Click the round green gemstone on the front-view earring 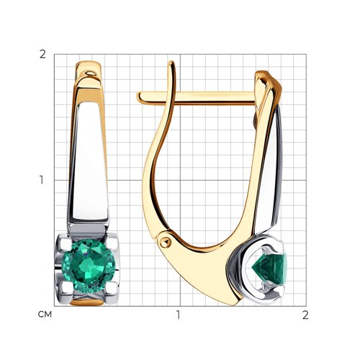pyautogui.click(x=89, y=266)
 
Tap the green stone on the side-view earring pyautogui.click(x=270, y=269)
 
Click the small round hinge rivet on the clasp pyautogui.click(x=164, y=243)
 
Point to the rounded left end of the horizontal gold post pyautogui.click(x=139, y=97)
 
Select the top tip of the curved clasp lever pyautogui.click(x=171, y=63)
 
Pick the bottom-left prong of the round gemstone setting pyautogui.click(x=63, y=290)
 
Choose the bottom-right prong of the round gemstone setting pyautogui.click(x=112, y=290)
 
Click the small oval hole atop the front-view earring pyautogui.click(x=90, y=73)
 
